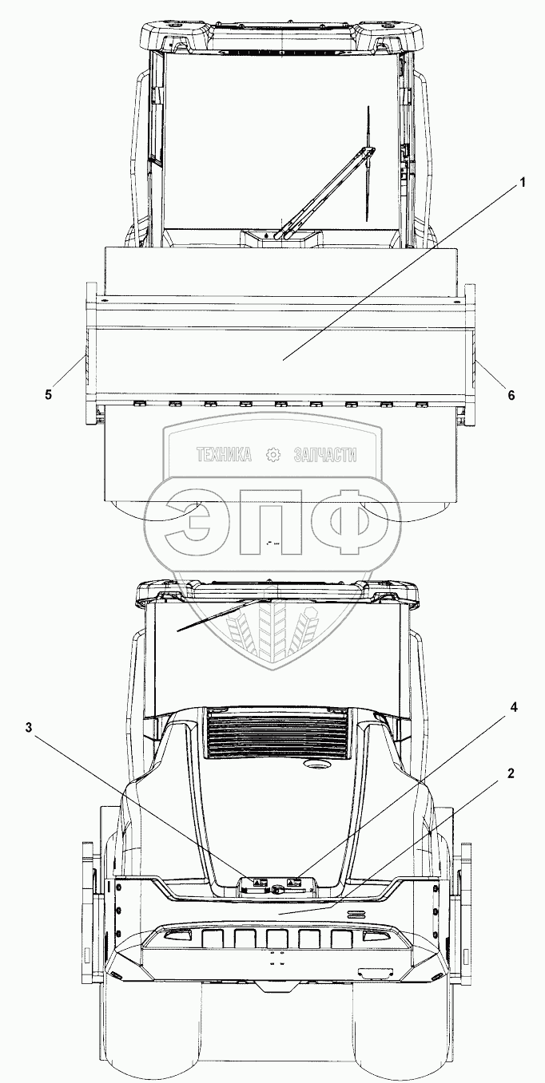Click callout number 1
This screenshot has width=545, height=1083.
click(x=523, y=182)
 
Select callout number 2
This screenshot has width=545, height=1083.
click(x=509, y=773)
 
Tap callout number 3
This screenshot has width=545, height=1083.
click(x=30, y=728)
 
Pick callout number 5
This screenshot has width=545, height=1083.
click(x=49, y=394)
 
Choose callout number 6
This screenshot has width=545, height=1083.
click(x=511, y=394)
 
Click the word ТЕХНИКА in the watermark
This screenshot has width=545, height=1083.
click(x=224, y=456)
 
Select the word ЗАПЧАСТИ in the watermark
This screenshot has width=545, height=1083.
click(x=324, y=456)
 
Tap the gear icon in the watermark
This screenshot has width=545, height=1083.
click(x=273, y=456)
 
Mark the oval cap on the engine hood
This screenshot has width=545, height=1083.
click(x=320, y=765)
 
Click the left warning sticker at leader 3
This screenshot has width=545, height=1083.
click(x=259, y=883)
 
